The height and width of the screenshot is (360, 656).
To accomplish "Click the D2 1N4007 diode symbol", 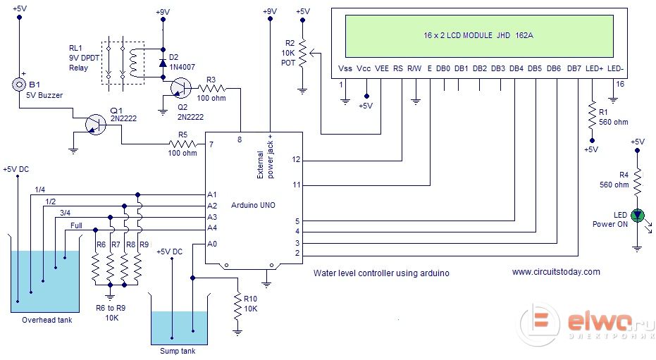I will pos(163,63).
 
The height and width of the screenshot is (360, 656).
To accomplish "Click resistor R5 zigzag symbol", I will pos(182,144).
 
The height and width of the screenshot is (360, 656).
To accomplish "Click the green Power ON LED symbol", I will pos(638,216).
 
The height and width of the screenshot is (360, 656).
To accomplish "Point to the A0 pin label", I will pos(212,244).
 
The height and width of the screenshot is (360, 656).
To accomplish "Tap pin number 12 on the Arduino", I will pos(297,160).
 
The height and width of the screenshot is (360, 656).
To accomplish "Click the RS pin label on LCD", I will pos(398,68).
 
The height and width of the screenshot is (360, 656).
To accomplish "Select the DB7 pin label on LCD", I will pos(574,68).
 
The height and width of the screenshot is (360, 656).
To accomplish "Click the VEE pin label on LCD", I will pos(381,68).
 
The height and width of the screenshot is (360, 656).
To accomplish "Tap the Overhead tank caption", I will pos(47,320).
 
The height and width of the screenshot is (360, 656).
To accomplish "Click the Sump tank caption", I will pos(178,351).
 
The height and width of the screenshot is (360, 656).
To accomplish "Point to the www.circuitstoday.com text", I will pos(556,272).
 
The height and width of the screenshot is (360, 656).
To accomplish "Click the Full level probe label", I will pos(76,225).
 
